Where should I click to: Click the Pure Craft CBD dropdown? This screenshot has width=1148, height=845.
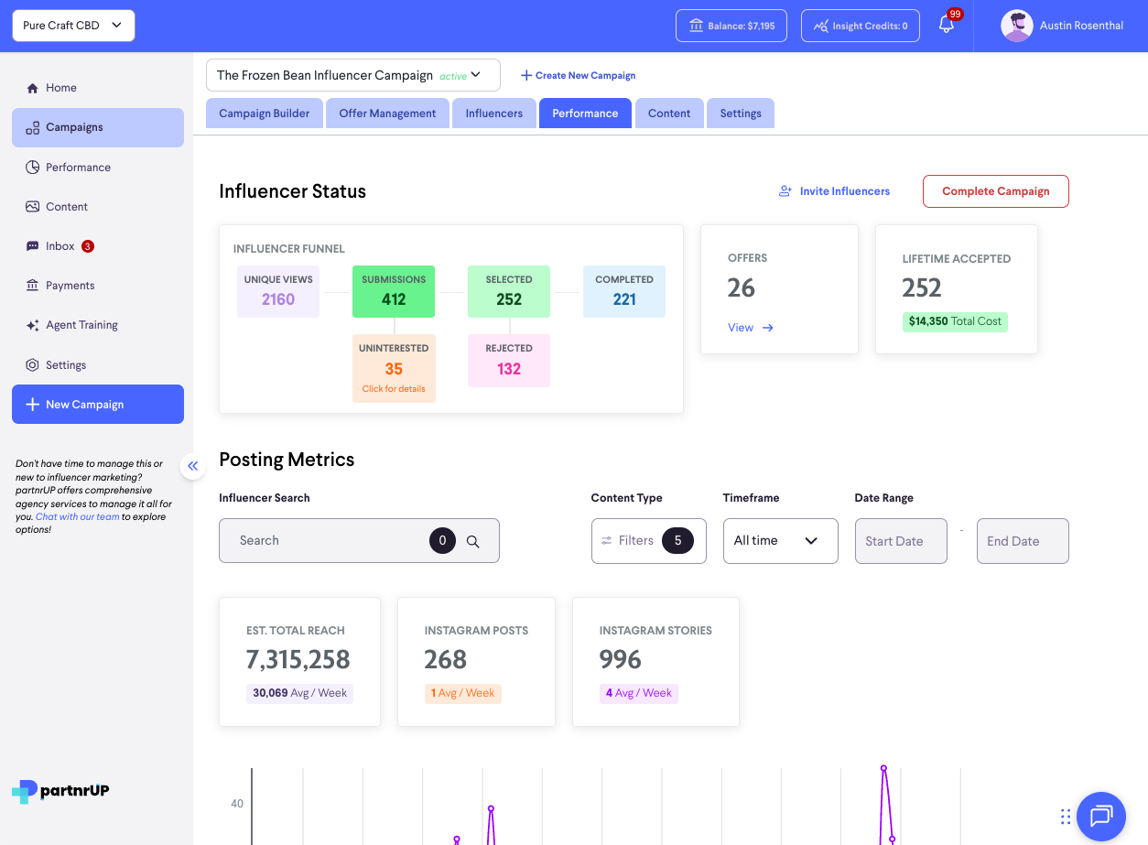(73, 26)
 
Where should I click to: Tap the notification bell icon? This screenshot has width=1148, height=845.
(947, 26)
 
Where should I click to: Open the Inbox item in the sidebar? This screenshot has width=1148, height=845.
(60, 246)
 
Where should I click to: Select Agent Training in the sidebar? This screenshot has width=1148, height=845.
(81, 325)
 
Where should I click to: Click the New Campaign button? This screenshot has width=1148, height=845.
(98, 405)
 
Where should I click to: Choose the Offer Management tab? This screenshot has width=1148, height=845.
(387, 114)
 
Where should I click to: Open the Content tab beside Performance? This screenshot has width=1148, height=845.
(669, 114)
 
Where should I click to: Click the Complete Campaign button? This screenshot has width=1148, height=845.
(995, 191)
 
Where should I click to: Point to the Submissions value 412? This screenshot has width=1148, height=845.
(394, 299)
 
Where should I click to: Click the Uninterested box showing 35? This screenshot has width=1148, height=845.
(394, 368)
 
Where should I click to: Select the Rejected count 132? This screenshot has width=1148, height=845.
(509, 369)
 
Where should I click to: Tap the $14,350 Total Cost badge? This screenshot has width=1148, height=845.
(955, 322)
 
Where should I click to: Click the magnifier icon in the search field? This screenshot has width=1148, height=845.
(473, 541)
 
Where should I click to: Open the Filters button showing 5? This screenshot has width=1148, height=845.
(648, 541)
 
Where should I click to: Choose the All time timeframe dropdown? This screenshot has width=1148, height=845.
(780, 541)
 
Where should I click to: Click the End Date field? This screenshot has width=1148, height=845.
(1022, 541)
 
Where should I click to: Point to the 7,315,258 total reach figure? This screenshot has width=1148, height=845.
(298, 659)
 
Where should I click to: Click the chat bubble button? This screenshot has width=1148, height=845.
(1100, 816)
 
